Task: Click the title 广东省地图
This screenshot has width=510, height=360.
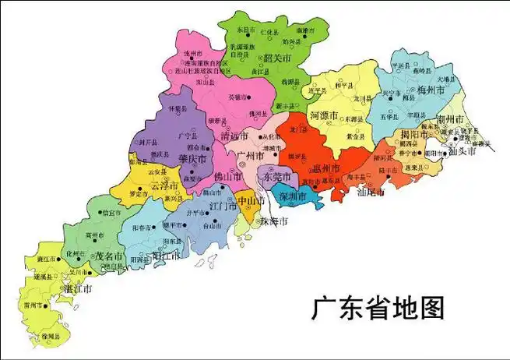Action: click(x=378, y=306)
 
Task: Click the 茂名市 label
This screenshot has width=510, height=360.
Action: click(x=108, y=255)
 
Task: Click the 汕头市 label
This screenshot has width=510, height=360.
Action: click(x=463, y=152)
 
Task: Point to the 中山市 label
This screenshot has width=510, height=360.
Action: click(x=250, y=200)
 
